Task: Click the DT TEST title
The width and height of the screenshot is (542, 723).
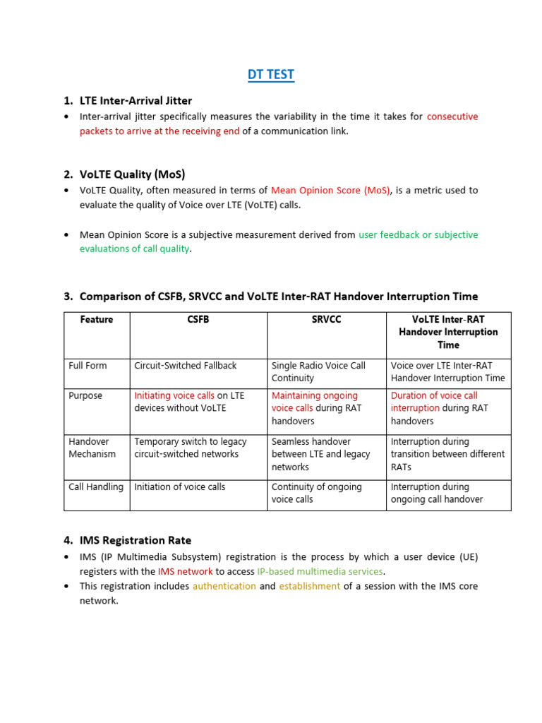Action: [271, 75]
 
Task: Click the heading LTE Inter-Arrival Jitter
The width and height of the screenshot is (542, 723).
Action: [135, 100]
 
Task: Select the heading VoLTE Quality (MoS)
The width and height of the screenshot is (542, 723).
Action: [132, 174]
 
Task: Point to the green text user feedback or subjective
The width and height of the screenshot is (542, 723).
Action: [418, 234]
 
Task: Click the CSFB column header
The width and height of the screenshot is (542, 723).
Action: [198, 320]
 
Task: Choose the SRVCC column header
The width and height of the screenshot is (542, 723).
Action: [326, 320]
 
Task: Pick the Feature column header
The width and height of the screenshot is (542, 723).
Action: [97, 320]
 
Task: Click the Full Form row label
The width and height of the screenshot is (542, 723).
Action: [88, 366]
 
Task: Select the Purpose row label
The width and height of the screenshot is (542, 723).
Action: [85, 395]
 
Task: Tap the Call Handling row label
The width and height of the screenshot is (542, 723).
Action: [96, 486]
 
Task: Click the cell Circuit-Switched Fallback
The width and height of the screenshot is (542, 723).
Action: [186, 366]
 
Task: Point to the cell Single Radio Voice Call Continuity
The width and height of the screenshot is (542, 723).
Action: [318, 371]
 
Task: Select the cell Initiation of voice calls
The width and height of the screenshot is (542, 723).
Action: [178, 486]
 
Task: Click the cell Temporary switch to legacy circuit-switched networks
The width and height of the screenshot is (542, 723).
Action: [191, 448]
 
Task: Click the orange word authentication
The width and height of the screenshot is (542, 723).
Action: [224, 586]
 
